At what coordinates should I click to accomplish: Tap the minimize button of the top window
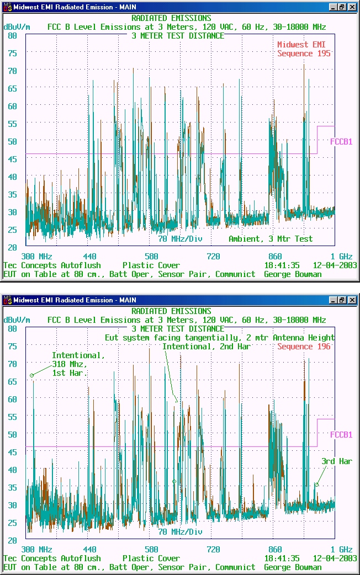(x=333, y=7)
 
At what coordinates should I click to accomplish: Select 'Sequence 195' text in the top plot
(x=304, y=54)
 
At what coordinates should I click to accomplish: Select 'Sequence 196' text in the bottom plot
(x=304, y=347)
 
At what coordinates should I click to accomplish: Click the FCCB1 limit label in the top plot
(x=341, y=141)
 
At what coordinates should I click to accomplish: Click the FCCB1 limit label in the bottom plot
(x=341, y=435)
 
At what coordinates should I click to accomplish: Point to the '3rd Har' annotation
(x=337, y=461)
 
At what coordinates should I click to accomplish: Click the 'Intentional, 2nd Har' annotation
(x=207, y=347)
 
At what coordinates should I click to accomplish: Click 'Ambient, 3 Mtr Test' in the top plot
(x=271, y=239)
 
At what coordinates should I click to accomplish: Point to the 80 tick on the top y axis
(x=12, y=35)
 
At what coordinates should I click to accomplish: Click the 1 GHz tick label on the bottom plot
(x=342, y=550)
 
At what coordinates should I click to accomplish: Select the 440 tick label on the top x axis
(x=89, y=257)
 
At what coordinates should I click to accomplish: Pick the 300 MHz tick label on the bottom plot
(x=36, y=550)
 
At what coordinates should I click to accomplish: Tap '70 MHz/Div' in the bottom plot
(x=181, y=532)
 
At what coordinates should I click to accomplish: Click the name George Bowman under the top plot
(x=293, y=274)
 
